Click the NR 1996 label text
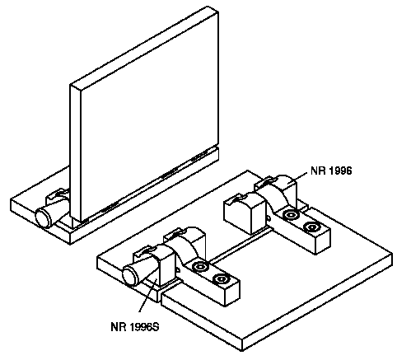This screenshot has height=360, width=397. coord(331,171)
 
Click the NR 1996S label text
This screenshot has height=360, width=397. coord(135,327)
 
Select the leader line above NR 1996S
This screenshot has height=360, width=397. coord(148,295)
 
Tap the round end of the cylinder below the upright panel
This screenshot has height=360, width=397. coord(44,217)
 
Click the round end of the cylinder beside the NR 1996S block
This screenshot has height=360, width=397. coord(131,276)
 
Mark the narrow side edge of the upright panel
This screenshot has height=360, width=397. coord(75,155)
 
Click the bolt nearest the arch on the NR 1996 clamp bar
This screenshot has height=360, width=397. coord(291,215)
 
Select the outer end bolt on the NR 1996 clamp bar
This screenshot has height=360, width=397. coord(311,227)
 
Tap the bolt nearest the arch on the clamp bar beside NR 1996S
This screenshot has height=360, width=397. coord(199,267)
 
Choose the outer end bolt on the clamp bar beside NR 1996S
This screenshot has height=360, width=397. coord(221,279)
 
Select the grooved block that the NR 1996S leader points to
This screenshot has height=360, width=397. coord(155,265)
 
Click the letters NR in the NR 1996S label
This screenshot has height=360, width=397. coord(118,327)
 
